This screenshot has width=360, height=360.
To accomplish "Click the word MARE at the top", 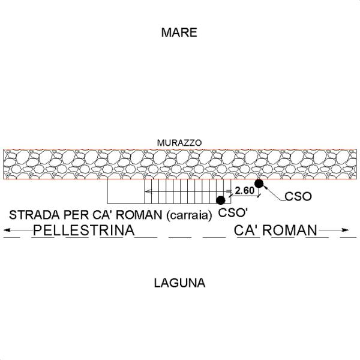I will click(179, 32).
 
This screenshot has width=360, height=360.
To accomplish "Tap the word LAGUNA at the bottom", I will click(179, 283).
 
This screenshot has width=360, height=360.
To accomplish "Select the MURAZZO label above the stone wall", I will click(179, 143).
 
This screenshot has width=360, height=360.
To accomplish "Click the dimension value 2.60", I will click(244, 191).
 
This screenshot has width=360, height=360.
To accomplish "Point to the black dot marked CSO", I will click(259, 183).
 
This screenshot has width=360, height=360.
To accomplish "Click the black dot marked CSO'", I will click(221, 200).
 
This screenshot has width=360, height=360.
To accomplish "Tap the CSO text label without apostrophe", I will click(298, 197).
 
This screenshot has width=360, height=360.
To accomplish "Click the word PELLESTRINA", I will click(83, 230).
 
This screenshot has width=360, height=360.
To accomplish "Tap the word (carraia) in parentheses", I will click(190, 215).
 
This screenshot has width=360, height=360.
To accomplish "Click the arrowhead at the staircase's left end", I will click(146, 192).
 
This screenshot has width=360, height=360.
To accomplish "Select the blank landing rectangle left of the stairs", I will click(125, 192).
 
